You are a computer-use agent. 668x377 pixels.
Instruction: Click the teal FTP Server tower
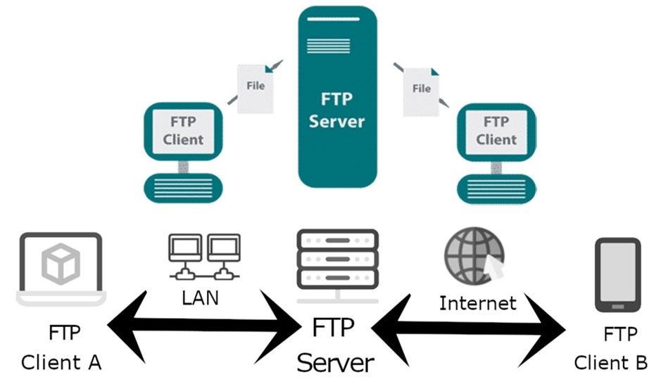(x=337, y=97)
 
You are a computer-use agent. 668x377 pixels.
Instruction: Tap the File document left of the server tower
(x=256, y=89)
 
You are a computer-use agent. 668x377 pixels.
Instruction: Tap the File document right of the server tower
(x=421, y=91)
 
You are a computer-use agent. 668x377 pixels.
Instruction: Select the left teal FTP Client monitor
(x=183, y=132)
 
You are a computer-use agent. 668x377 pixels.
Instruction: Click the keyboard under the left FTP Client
(x=183, y=188)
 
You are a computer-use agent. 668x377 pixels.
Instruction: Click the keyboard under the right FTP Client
(x=496, y=188)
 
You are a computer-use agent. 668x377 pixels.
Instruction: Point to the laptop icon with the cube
(x=61, y=269)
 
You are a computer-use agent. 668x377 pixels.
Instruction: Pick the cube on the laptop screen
(x=61, y=263)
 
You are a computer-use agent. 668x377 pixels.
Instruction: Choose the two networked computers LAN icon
(x=205, y=257)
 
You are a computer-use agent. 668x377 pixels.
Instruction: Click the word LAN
(x=200, y=298)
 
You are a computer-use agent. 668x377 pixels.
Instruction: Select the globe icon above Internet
(x=474, y=256)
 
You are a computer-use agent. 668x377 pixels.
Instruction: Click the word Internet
(x=477, y=303)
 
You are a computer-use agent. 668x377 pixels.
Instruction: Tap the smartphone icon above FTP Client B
(x=618, y=275)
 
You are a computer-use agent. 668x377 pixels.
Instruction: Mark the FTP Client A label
(x=62, y=347)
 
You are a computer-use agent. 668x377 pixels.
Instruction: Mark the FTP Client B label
(x=611, y=348)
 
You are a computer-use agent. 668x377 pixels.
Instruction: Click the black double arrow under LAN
(x=205, y=327)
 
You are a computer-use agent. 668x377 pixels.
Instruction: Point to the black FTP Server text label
(x=335, y=345)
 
